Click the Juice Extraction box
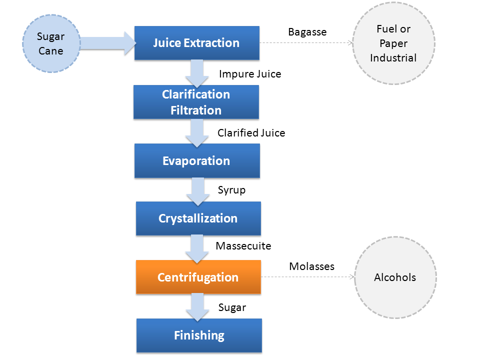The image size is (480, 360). [x=197, y=43]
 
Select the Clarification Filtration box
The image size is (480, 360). [x=196, y=102]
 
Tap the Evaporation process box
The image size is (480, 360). [x=197, y=160]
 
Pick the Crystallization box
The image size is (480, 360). [x=198, y=218]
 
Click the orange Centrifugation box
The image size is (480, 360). [x=198, y=277]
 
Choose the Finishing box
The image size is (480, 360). [x=199, y=335]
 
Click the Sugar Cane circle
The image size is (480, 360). [x=51, y=43]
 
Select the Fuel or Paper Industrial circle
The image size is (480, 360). [x=393, y=43]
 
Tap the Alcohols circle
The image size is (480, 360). [x=395, y=277]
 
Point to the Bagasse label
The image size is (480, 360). [x=307, y=32]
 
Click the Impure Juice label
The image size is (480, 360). [x=250, y=74]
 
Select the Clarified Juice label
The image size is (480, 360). [x=251, y=133]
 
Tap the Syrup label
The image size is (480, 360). [x=231, y=190]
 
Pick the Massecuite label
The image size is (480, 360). [x=243, y=246]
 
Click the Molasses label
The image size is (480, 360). [x=311, y=266]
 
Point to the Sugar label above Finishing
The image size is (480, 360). [x=232, y=307]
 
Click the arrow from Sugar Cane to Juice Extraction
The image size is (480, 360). [x=108, y=43]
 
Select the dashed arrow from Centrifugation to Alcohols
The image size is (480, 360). [x=307, y=276]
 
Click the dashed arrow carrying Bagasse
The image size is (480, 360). [x=306, y=43]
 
